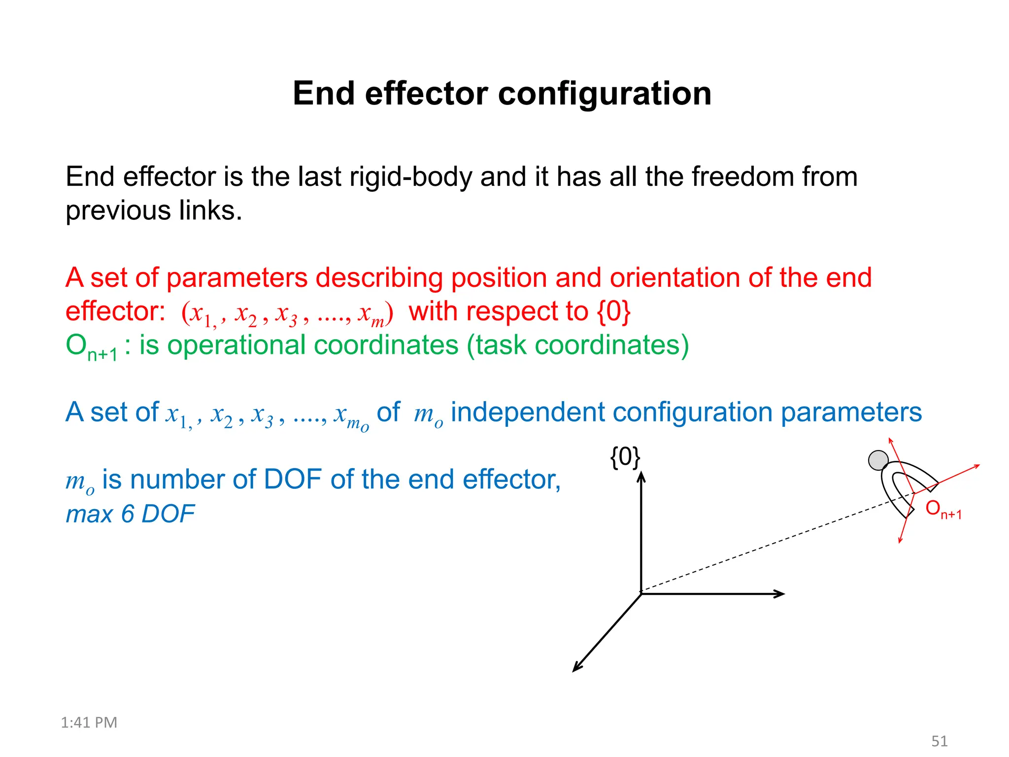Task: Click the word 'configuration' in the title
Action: (605, 94)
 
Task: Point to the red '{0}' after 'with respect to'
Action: (614, 311)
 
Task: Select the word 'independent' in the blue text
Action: (527, 412)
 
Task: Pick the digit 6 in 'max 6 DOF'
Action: (128, 514)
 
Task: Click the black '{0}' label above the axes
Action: (625, 457)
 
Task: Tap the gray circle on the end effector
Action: (878, 460)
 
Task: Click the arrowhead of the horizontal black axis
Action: (780, 594)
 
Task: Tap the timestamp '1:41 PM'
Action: (89, 723)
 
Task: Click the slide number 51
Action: (940, 741)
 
